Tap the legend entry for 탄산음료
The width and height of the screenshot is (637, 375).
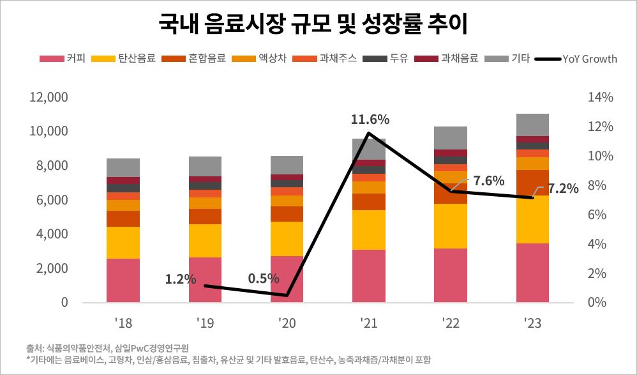pyautogui.click(x=133, y=59)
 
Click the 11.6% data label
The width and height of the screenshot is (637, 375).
pyautogui.click(x=370, y=119)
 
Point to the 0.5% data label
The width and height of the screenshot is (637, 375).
pyautogui.click(x=264, y=278)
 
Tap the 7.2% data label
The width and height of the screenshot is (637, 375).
pyautogui.click(x=563, y=188)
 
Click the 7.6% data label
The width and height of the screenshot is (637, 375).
pyautogui.click(x=490, y=180)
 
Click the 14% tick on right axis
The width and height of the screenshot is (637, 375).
pyautogui.click(x=601, y=98)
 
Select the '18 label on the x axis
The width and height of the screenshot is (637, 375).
pyautogui.click(x=123, y=324)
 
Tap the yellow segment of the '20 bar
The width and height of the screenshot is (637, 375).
pyautogui.click(x=287, y=238)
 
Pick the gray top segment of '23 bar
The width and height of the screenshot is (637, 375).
pyautogui.click(x=532, y=125)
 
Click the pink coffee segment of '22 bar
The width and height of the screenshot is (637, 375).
pyautogui.click(x=451, y=275)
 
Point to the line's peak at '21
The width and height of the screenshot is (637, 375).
pyautogui.click(x=369, y=133)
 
